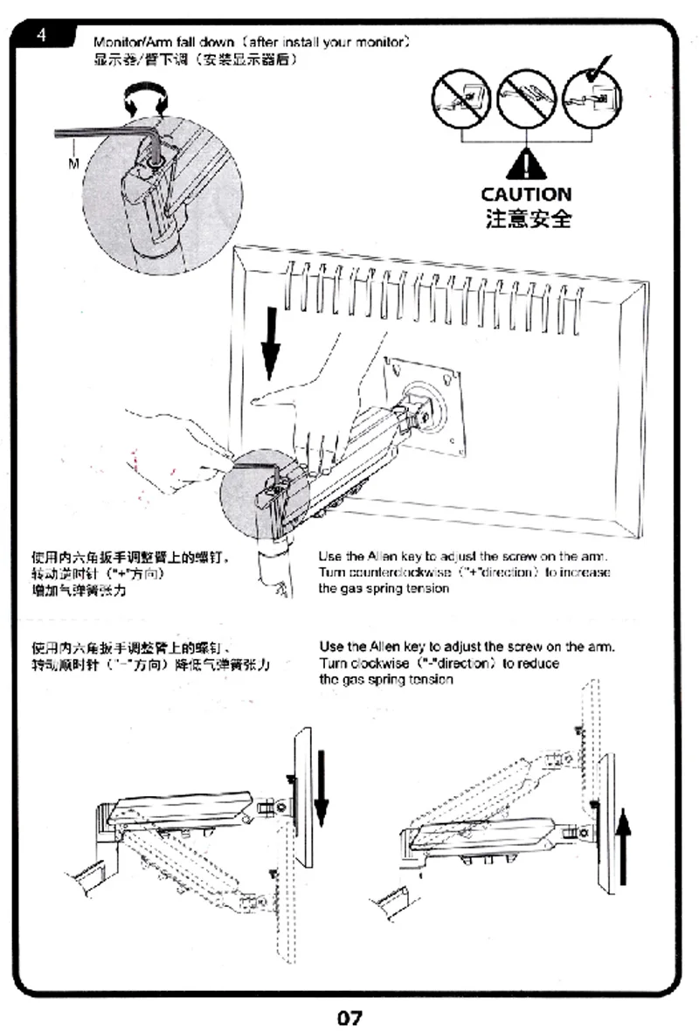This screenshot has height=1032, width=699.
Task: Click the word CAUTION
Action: click(526, 194)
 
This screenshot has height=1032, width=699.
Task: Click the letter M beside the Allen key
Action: click(73, 163)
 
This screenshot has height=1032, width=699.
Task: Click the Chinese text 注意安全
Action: click(528, 218)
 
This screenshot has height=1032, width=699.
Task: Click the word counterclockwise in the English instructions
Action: click(400, 572)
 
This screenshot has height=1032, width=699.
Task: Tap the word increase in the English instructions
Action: click(584, 572)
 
